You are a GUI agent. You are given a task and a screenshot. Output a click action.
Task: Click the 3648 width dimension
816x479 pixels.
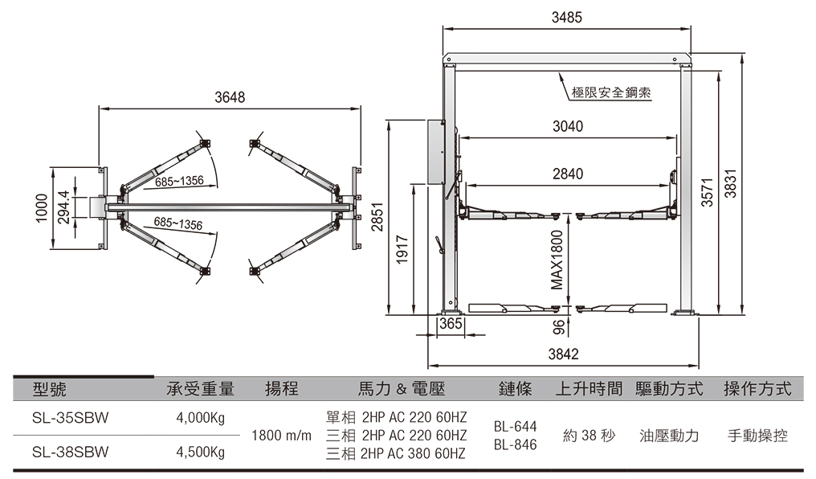[229, 98]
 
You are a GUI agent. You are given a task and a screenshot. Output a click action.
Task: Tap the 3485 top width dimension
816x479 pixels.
[566, 17]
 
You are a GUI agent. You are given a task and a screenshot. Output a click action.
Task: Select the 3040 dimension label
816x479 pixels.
[568, 127]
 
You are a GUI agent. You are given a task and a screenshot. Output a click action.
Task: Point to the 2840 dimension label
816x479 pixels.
[568, 174]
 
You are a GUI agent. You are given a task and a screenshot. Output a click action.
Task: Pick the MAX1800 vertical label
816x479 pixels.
[557, 260]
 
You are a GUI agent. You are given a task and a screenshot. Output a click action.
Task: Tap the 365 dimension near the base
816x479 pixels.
[452, 324]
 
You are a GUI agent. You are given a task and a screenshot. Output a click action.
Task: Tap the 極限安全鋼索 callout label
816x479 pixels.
[611, 93]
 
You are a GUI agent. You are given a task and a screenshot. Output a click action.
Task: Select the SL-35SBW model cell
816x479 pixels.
[71, 418]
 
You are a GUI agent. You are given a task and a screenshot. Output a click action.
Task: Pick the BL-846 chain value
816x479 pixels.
[515, 444]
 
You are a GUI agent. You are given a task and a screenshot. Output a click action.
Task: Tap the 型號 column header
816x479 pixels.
[50, 389]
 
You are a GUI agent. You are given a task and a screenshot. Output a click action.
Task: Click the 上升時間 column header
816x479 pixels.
[589, 389]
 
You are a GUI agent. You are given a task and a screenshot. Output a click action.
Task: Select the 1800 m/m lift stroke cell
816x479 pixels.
[281, 436]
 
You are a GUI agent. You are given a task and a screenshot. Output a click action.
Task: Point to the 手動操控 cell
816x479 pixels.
[757, 436]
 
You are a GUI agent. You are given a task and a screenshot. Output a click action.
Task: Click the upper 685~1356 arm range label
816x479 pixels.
[179, 182]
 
